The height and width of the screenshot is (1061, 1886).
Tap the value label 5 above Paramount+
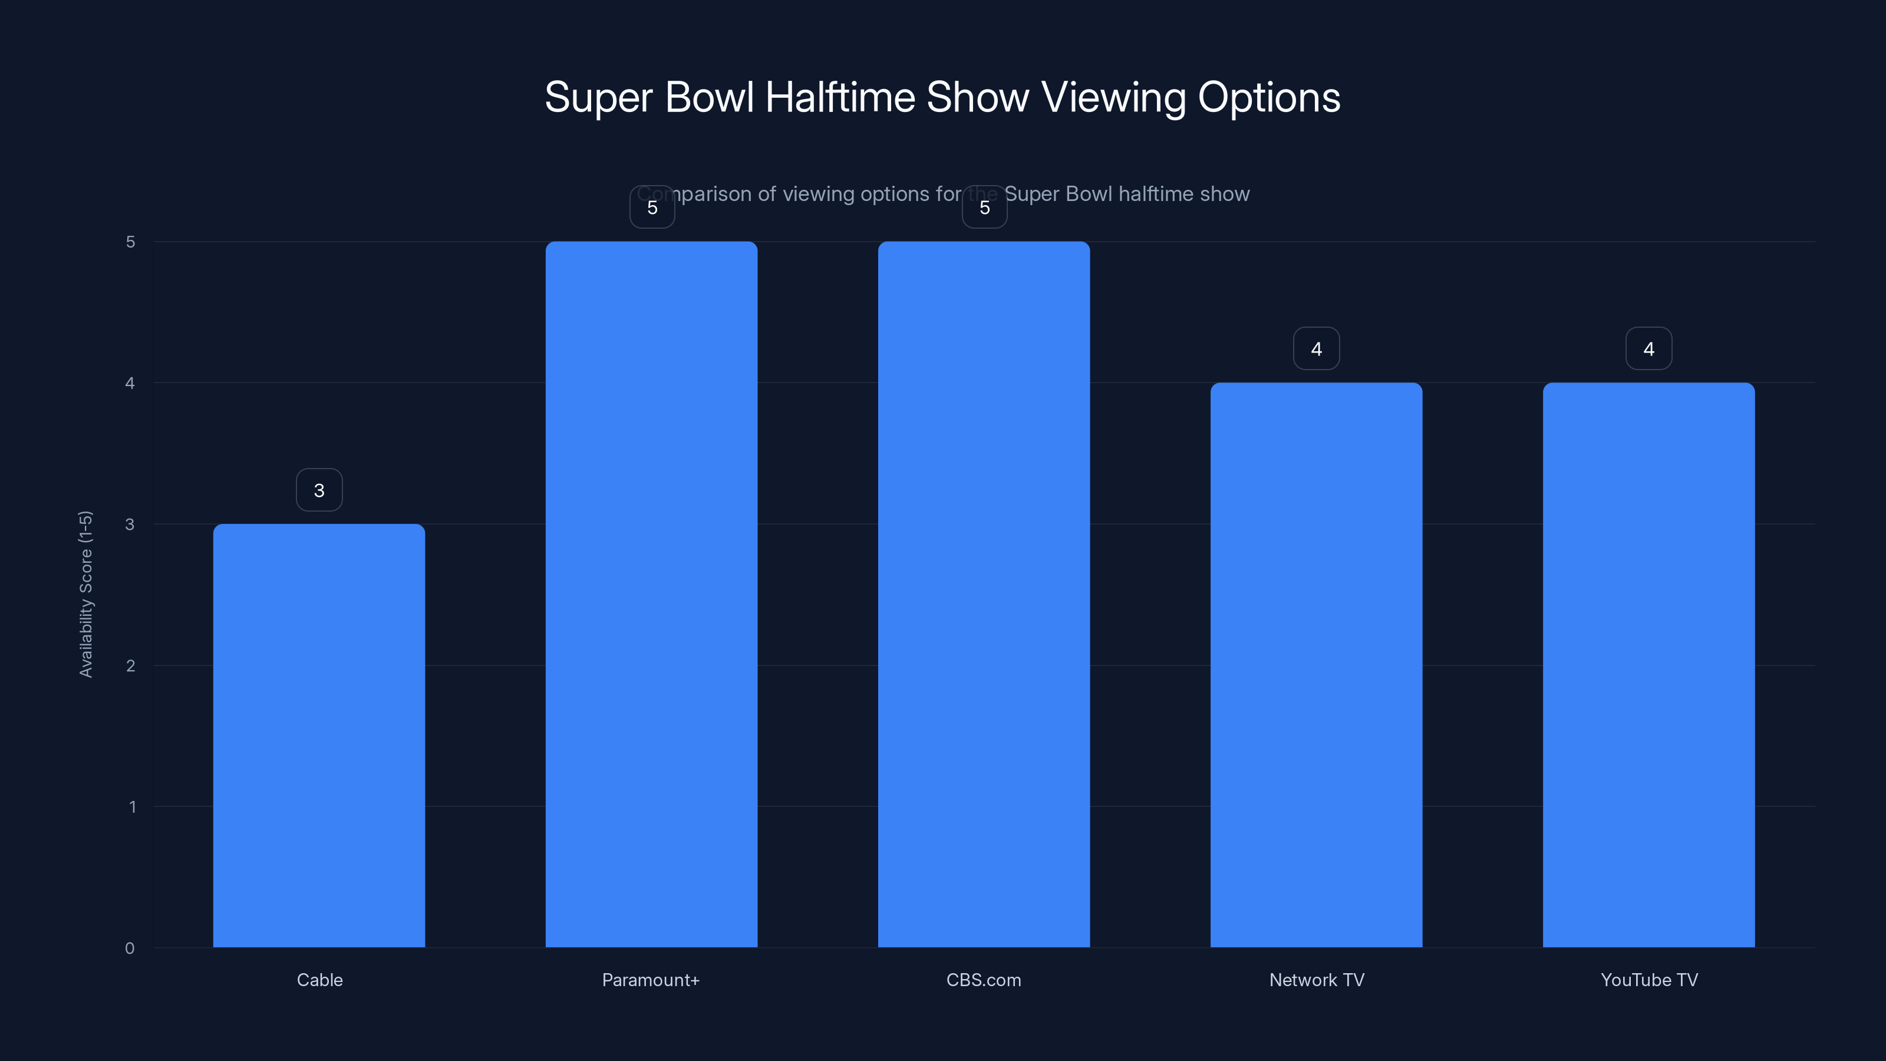652,207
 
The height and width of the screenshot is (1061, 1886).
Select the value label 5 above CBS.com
984,207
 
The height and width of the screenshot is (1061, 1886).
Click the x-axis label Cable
319,980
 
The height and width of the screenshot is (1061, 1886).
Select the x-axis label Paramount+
650,980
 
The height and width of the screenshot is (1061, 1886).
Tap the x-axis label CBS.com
983,980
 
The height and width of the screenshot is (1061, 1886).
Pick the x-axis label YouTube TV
1649,980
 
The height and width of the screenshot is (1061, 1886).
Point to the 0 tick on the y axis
130,948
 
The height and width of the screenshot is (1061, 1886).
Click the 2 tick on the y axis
130,665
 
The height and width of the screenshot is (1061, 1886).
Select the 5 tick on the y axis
130,242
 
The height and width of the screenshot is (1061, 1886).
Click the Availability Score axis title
85,594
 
